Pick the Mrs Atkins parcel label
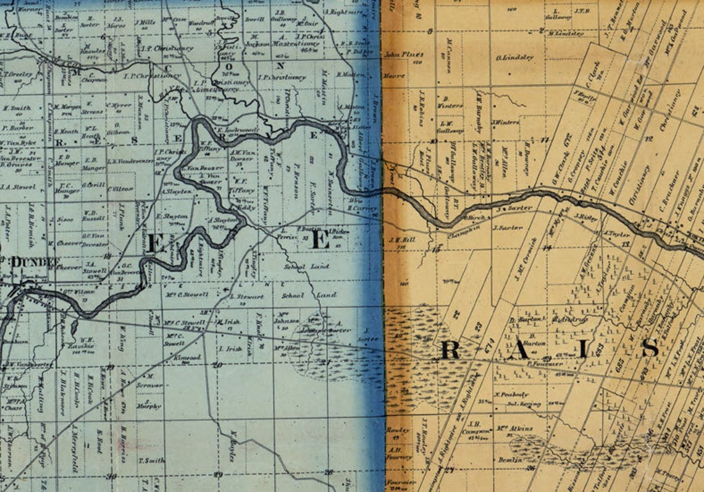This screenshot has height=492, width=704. pos(518,428)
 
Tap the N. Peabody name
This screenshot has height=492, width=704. pos(511,394)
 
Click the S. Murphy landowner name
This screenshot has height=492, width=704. pos(148,406)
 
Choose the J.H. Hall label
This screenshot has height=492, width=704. pos(397,239)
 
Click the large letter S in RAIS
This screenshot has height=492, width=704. pos(650,349)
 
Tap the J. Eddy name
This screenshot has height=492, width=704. pos(246,208)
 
